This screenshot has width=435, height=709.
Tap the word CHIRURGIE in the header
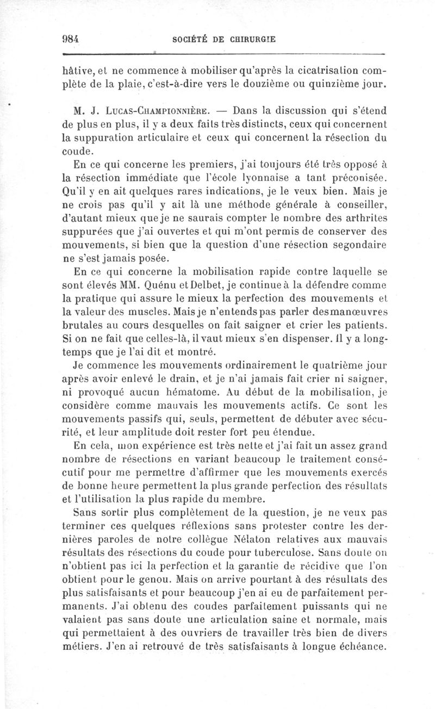[249, 38]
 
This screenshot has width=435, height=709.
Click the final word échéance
[361, 646]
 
